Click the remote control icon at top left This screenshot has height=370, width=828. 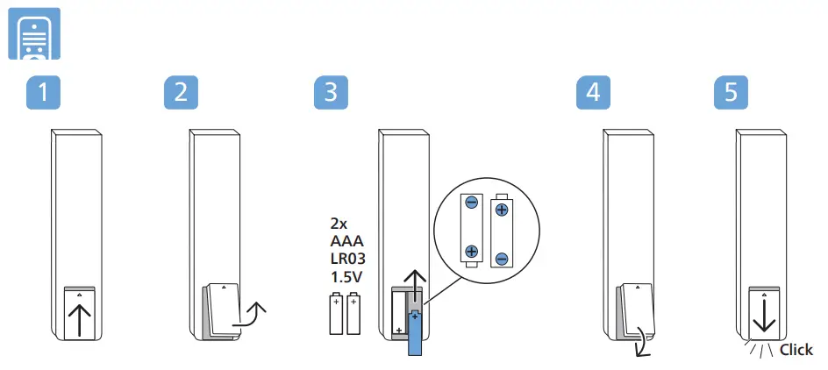coord(34,34)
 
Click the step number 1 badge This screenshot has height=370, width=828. coord(44,93)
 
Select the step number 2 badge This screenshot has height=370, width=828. coord(181,93)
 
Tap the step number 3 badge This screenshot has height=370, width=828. coord(331,93)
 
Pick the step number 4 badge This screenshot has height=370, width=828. coord(594,93)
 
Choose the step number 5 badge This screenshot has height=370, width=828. coord(731,93)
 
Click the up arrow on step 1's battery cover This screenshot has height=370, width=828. coord(80,321)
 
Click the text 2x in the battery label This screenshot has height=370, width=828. coord(338,223)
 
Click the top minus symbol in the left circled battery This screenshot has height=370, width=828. coord(471,203)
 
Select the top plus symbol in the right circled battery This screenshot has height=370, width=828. coord(502,210)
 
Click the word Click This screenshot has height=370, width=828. coord(796,350)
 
